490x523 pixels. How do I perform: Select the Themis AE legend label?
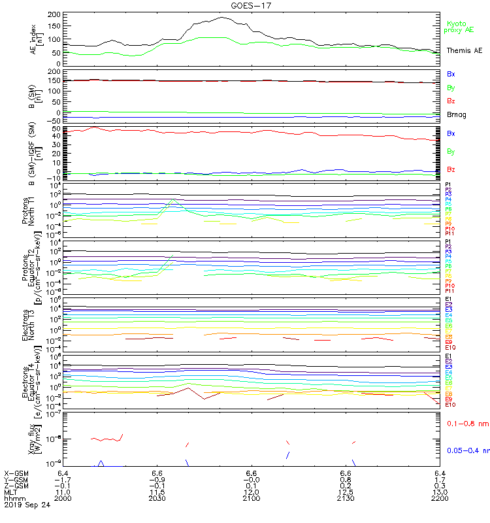click(464, 50)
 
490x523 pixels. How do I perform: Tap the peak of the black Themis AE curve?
click(222, 18)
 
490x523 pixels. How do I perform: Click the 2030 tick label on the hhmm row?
click(157, 498)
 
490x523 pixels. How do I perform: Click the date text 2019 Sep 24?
click(27, 505)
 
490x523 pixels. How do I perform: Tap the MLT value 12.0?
click(252, 492)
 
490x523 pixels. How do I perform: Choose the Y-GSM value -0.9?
click(156, 479)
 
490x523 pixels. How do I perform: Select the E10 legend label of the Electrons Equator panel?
click(450, 405)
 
